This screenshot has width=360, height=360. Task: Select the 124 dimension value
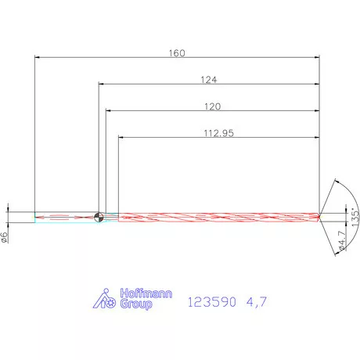coord(208,79)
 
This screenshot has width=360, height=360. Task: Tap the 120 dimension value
coord(211,106)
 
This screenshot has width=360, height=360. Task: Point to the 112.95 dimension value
coord(218,132)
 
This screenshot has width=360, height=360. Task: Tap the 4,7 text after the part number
coord(256,301)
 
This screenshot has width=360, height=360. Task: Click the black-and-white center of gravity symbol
coord(99,218)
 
